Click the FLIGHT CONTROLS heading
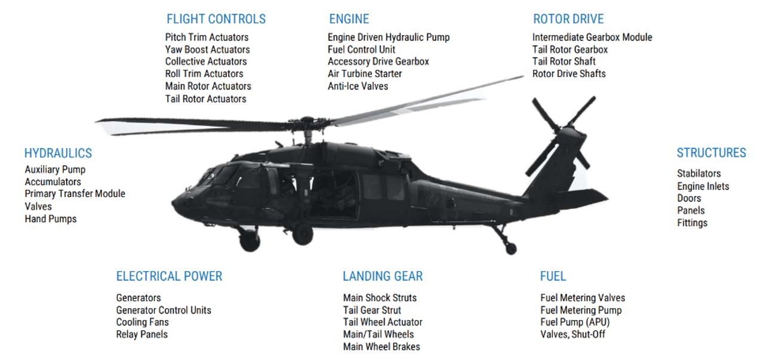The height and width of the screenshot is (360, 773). click(216, 19)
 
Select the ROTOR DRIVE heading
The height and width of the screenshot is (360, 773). click(568, 19)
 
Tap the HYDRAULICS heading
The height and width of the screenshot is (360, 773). click(58, 153)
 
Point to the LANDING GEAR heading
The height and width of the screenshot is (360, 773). click(383, 276)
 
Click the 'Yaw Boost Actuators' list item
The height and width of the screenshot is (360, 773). click(207, 50)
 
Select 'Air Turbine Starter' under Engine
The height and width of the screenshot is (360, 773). click(365, 73)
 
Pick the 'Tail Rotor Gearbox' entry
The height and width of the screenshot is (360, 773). click(570, 50)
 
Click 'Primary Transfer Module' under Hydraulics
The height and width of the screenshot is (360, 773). click(75, 193)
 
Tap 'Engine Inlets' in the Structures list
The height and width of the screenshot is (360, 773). click(703, 186)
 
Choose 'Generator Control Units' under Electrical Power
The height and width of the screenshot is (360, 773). click(164, 310)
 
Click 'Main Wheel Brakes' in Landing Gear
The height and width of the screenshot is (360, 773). click(381, 346)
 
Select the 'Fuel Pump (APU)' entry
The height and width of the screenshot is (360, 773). click(575, 322)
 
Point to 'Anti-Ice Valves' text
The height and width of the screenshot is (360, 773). click(358, 86)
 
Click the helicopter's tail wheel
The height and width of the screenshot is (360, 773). click(511, 248)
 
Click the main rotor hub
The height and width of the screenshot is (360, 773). click(307, 124)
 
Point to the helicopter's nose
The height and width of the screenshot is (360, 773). click(178, 204)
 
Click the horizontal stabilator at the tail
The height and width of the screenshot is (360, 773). click(583, 198)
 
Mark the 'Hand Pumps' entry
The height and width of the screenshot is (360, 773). click(51, 219)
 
